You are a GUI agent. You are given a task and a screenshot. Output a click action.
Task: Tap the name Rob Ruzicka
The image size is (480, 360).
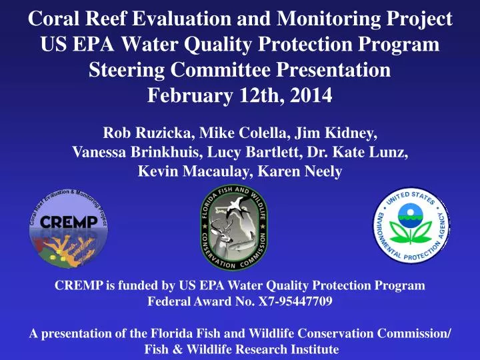click(147, 131)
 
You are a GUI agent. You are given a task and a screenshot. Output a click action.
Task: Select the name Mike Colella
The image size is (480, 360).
click(244, 131)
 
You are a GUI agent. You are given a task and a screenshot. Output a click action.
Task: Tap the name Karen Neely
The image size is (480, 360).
click(301, 171)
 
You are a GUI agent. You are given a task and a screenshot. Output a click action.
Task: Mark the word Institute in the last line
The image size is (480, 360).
click(313, 349)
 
